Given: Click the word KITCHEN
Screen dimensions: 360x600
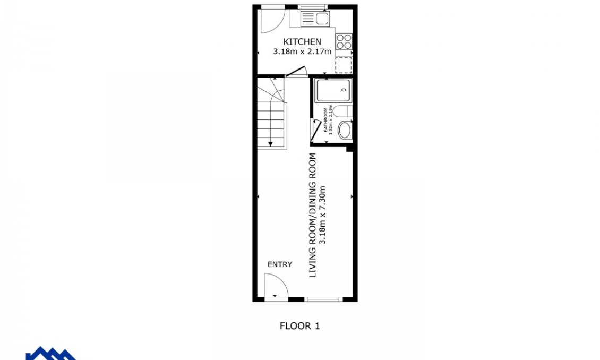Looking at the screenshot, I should coord(302,42).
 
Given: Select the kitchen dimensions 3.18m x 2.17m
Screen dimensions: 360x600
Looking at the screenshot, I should coord(302,52).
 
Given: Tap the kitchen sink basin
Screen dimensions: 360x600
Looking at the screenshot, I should coord(322,19).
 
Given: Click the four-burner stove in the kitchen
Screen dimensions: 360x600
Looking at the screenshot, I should coord(344,41).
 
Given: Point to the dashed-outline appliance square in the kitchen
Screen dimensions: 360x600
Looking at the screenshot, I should coord(344,65).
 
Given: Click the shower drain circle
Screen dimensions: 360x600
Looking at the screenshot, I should coord(345,90).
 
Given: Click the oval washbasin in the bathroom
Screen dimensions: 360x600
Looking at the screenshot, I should coord(345,130).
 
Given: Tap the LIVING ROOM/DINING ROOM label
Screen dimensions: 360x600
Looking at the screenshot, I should coord(313,215).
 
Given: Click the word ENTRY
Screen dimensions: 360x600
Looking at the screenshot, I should coord(279,264).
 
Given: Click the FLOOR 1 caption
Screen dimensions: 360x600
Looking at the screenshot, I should coord(299,326).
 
